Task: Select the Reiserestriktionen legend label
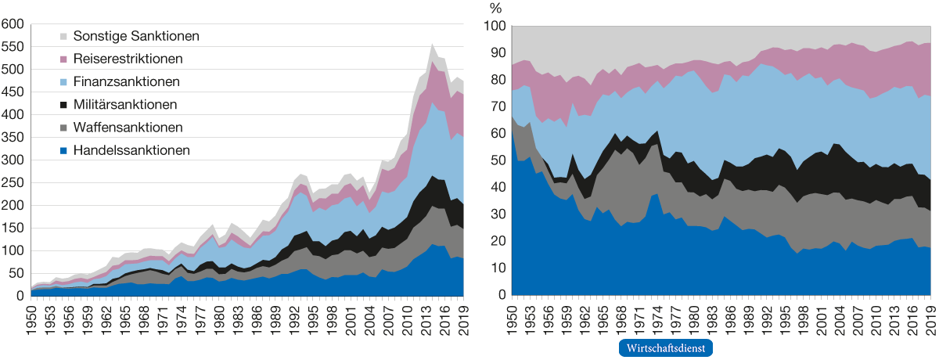pos(128,59)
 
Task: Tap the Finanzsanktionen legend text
pos(126,81)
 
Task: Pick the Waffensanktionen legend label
pos(128,127)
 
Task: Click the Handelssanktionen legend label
pos(131,150)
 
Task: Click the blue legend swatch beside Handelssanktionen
pos(64,150)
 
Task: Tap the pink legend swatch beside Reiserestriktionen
pos(64,59)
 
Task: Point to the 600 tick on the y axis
pos(13,25)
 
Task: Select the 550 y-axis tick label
pos(13,48)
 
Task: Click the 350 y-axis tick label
pos(13,138)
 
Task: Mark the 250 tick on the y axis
pos(13,183)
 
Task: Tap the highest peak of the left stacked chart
pos(433,45)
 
